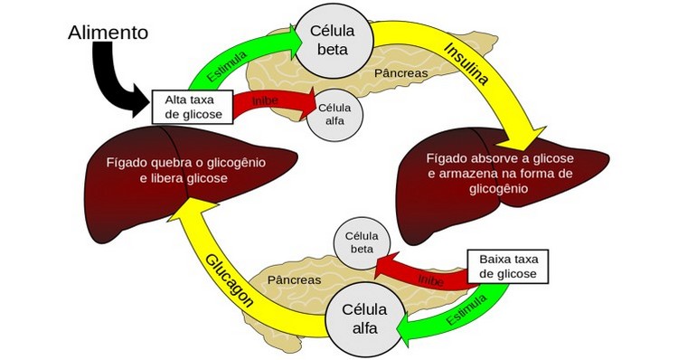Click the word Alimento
pyautogui.click(x=108, y=33)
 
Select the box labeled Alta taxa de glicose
pyautogui.click(x=191, y=105)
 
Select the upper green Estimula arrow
pyautogui.click(x=237, y=60)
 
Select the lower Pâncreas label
pyautogui.click(x=294, y=279)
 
